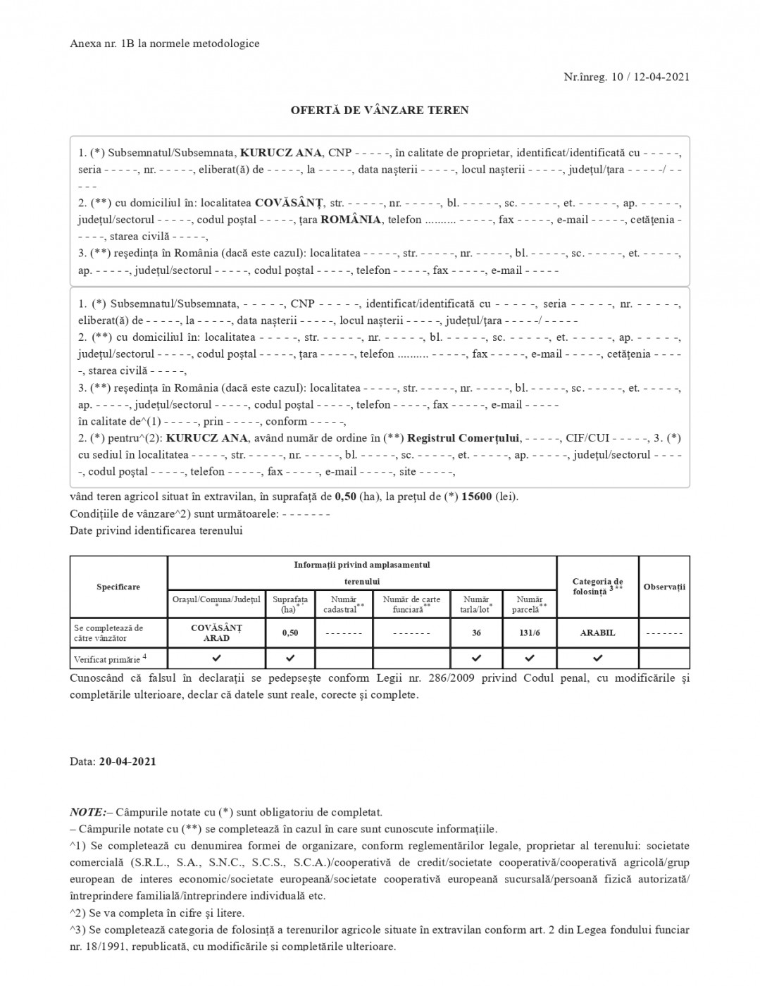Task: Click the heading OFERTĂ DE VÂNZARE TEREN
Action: pos(380,111)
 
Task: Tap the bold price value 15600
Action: pos(477,497)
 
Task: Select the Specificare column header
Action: pos(118,587)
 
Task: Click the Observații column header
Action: pos(664,587)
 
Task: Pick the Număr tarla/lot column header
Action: pos(476,604)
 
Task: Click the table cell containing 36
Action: pos(477,632)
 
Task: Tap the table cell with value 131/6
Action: pos(530,632)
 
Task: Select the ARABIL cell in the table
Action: pos(597,632)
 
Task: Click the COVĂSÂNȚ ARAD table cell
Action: pos(216,632)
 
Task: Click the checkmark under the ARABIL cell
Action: pos(597,658)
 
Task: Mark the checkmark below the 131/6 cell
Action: pos(530,658)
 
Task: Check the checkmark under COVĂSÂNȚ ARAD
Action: pos(216,658)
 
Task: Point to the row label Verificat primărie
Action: pos(110,659)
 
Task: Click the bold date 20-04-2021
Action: pos(127,761)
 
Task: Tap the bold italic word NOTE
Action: pos(85,812)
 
